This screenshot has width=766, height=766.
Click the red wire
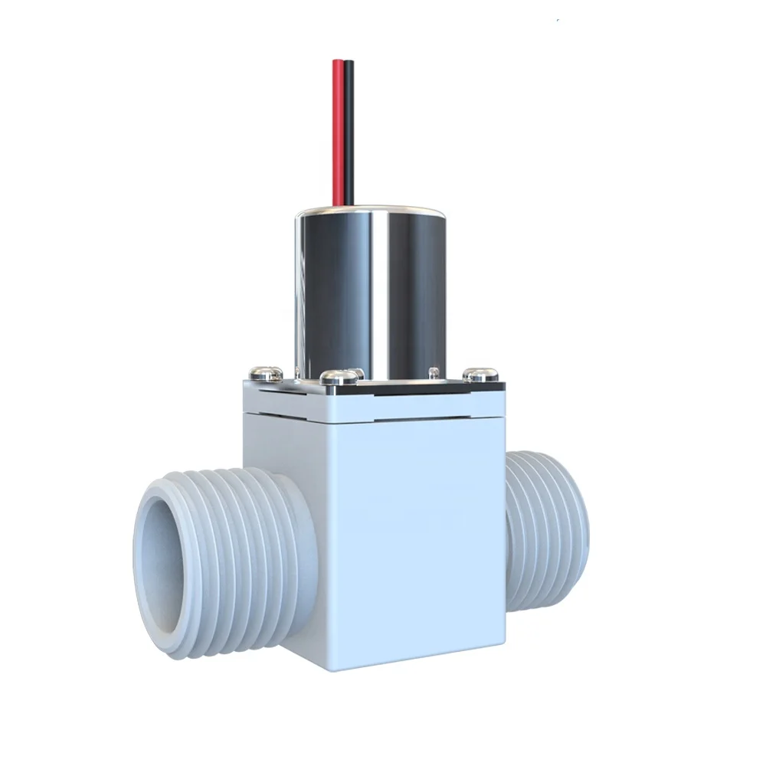pos(339,130)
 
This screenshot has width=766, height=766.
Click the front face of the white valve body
pos(383,536)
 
